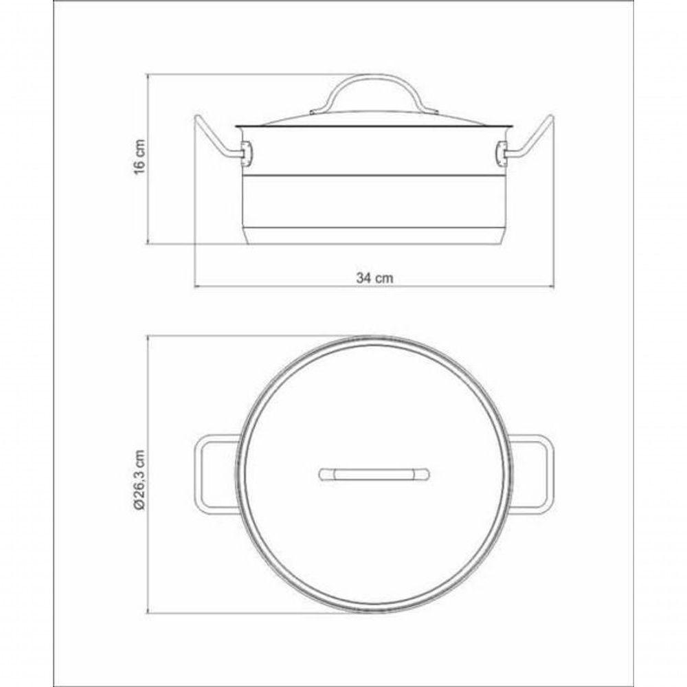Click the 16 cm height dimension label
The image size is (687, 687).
[x=139, y=157]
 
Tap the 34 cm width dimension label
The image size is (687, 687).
[x=374, y=278]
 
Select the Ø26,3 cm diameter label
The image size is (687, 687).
[x=139, y=480]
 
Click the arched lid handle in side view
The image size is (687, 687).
[x=374, y=93]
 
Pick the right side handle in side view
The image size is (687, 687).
[x=531, y=139]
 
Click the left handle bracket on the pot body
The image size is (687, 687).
[x=247, y=154]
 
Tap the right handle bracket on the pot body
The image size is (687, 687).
[x=502, y=154]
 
